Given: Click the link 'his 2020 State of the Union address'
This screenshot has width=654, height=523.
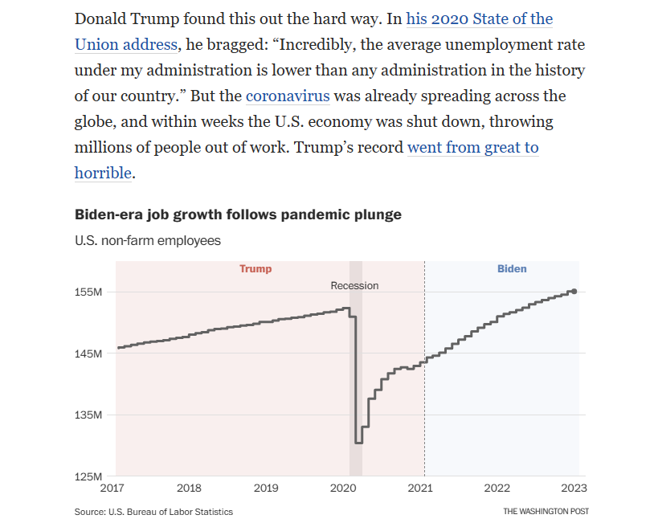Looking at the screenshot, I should click(480, 18).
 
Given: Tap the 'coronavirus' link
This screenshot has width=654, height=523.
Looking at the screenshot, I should click(288, 96).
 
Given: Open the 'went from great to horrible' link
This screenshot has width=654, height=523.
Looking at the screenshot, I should click(472, 148).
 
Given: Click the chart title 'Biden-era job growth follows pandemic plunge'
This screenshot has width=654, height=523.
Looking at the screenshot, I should click(238, 215).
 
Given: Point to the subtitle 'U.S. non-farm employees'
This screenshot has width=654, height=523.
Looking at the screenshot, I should click(147, 240).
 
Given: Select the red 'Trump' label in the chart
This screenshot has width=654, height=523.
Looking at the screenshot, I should click(255, 268).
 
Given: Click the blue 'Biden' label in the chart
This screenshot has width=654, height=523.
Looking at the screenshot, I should click(512, 268).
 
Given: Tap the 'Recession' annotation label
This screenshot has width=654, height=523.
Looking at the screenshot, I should click(354, 286).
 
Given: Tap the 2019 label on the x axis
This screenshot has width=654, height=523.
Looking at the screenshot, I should click(266, 488).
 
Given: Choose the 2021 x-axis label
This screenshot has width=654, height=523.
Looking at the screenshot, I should click(420, 488).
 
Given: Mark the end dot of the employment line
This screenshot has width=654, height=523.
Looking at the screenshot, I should click(573, 292).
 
